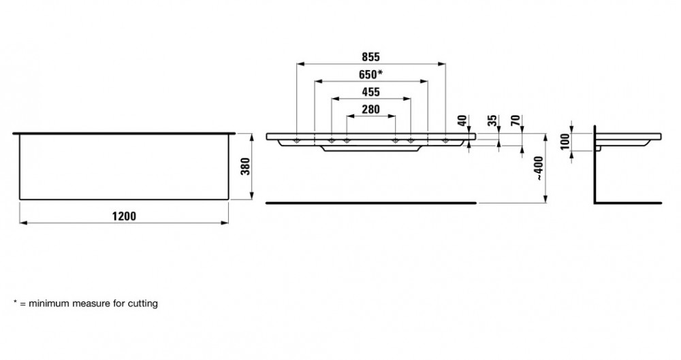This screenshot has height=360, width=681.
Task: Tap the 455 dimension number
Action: (x=370, y=92)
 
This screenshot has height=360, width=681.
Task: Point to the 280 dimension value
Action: (x=370, y=109)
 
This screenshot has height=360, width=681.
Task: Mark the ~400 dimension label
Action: (x=539, y=167)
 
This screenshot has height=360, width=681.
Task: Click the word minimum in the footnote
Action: (x=45, y=304)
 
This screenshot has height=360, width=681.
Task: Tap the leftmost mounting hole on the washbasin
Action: (x=298, y=141)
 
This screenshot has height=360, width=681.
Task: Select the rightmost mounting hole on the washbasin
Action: (x=445, y=141)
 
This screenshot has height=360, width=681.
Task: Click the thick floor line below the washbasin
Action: (x=371, y=203)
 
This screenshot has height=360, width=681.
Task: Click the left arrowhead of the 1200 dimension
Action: (x=22, y=222)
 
